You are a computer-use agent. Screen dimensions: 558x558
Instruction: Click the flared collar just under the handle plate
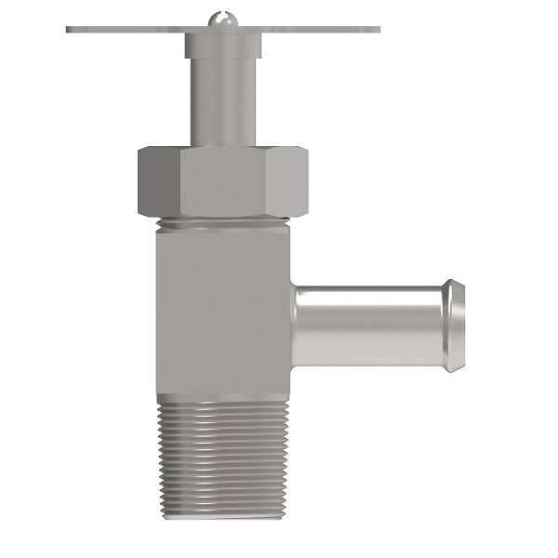[x=223, y=44]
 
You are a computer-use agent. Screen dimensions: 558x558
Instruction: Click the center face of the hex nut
[x=231, y=181]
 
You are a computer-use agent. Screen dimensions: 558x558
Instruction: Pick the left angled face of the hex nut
[x=158, y=181]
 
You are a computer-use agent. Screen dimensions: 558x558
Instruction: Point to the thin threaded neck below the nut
[x=223, y=223]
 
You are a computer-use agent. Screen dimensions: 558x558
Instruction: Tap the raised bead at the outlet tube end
[x=453, y=325]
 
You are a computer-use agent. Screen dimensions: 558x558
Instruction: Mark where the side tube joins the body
[x=293, y=325]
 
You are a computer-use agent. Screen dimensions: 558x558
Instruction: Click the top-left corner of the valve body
[x=157, y=232]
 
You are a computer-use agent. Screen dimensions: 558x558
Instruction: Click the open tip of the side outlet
[x=463, y=325]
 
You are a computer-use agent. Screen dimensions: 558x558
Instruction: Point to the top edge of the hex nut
[x=223, y=146]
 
